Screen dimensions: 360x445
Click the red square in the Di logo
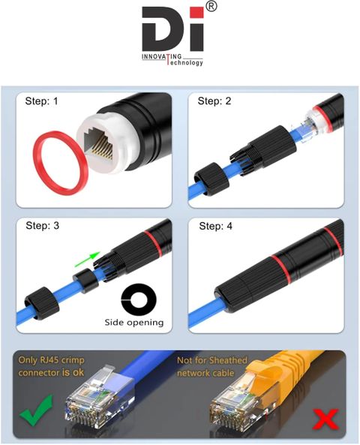coord(197,13)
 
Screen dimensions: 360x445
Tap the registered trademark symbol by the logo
coord(211,6)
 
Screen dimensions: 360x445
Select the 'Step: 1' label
coord(41,101)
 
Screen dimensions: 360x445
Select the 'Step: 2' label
coord(214,101)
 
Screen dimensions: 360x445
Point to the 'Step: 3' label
coord(42,226)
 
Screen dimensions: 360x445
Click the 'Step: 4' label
coord(215,226)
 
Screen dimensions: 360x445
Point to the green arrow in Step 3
coord(88,259)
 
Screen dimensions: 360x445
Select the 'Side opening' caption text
coord(134,323)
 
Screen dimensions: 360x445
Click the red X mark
coord(325,419)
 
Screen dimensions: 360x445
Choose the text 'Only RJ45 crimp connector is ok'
coord(51,366)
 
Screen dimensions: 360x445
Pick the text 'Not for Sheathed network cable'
coord(212,366)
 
